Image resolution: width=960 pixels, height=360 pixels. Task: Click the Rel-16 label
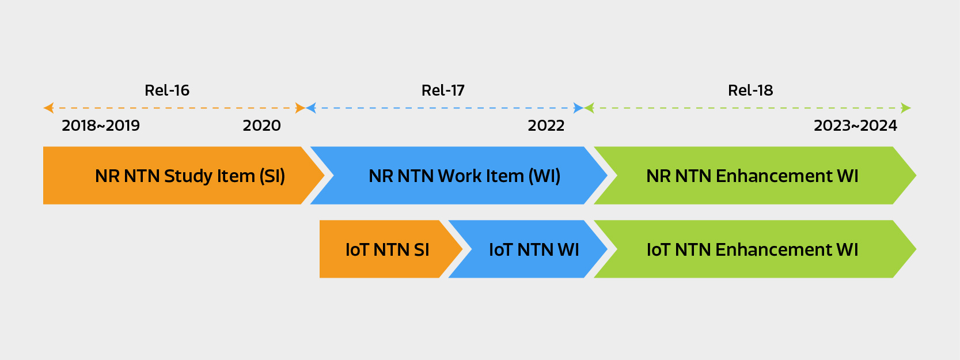pos(166,90)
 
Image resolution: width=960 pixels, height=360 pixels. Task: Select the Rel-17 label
pos(443,90)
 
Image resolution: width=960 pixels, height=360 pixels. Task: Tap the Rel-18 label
pos(750,90)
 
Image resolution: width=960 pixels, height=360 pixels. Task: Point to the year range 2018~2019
pos(101,126)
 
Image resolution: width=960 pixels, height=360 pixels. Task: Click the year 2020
pos(261,126)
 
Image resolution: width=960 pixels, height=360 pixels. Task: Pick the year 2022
pos(546,126)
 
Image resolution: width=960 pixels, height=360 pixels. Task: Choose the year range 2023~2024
pos(855,126)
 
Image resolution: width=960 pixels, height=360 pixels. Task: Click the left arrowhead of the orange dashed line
pos(48,108)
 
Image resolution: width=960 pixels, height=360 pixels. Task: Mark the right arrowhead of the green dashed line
pos(905,108)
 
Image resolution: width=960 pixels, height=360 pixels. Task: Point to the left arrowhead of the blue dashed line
pos(311,108)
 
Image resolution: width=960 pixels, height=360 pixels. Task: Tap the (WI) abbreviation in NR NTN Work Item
pos(544,176)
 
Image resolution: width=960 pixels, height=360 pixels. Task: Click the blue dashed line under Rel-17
pos(443,108)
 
